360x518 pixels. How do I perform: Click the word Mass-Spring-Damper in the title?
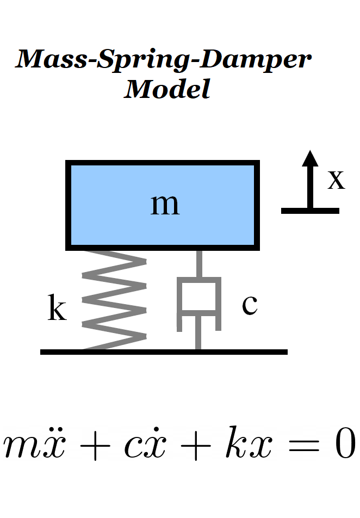coord(164,59)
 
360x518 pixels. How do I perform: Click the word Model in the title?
coord(167,88)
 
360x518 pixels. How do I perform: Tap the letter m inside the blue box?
coord(164,205)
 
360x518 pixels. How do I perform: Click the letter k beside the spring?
coord(57,309)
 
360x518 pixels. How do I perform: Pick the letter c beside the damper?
coord(249,305)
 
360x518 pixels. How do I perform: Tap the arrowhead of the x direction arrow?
coord(310,158)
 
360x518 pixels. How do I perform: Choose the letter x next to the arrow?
coord(336,179)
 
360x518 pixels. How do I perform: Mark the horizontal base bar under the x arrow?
coord(310,210)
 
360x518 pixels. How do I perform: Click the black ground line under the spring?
coord(163,352)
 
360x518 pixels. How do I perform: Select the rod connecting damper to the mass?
coord(199,264)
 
